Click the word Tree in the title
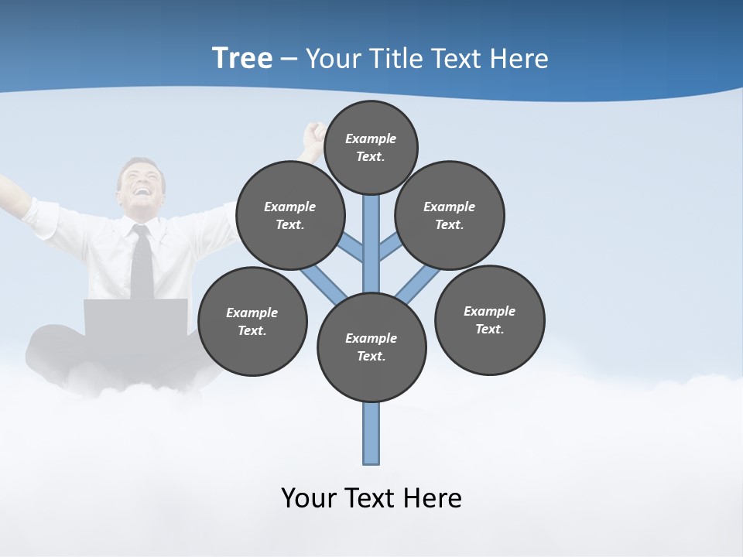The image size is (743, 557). click(242, 58)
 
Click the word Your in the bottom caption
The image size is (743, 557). click(306, 498)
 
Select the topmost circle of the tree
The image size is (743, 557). click(371, 147)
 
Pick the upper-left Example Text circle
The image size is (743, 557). click(289, 216)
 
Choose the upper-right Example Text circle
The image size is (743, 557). click(449, 216)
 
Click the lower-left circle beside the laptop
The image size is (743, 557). click(252, 322)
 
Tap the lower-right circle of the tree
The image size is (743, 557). click(489, 320)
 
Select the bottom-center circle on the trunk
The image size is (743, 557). click(371, 347)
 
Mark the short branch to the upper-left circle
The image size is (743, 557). click(353, 248)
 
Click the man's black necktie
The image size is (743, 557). click(142, 263)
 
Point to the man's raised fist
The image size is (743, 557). click(313, 133)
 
